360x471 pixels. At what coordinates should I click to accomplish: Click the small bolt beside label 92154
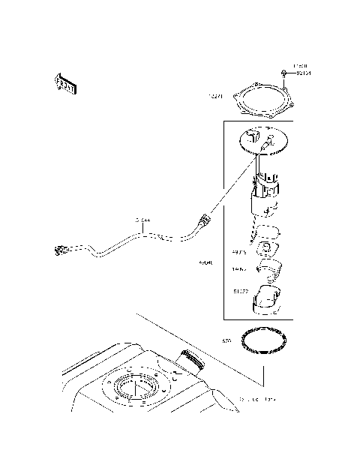pyautogui.click(x=285, y=73)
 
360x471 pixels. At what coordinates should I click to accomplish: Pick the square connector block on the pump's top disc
pyautogui.click(x=271, y=139)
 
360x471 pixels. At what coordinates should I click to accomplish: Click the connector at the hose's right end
pyautogui.click(x=202, y=221)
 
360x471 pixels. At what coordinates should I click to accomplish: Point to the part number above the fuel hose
pyautogui.click(x=142, y=220)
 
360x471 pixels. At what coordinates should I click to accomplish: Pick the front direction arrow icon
pyautogui.click(x=66, y=84)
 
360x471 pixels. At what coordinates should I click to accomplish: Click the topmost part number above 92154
pyautogui.click(x=299, y=66)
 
